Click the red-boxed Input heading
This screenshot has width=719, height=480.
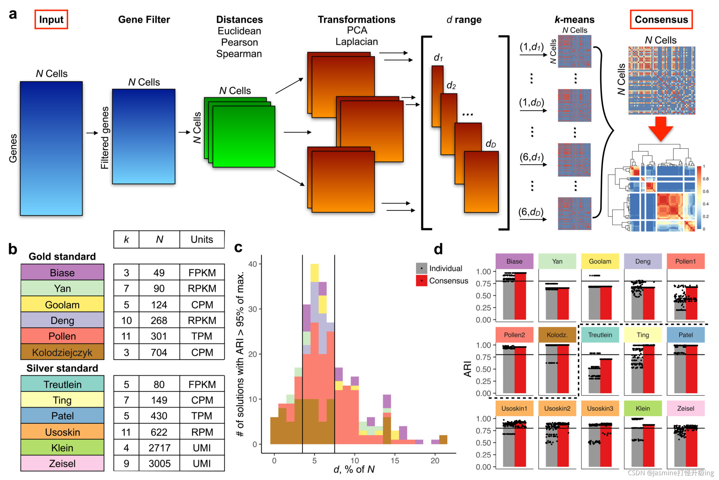(x=51, y=20)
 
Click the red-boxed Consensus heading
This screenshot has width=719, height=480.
(x=661, y=20)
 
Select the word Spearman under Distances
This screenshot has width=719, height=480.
(x=239, y=54)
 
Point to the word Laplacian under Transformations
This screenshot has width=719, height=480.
(x=356, y=42)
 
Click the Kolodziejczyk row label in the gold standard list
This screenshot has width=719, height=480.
(x=62, y=352)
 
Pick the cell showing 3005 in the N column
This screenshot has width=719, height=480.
(x=160, y=464)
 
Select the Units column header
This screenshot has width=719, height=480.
(x=202, y=239)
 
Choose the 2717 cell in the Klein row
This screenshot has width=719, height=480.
(x=160, y=448)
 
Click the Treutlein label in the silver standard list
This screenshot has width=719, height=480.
(x=62, y=384)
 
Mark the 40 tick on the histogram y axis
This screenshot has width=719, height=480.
(x=253, y=264)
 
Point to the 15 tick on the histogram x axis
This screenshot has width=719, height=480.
(x=395, y=460)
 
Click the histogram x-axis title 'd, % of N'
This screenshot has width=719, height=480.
(x=354, y=469)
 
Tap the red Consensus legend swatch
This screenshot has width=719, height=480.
(x=422, y=281)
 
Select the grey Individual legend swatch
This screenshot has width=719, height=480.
(x=422, y=268)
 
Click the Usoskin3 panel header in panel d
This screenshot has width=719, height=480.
(x=600, y=408)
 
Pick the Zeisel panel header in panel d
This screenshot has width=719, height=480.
(x=685, y=408)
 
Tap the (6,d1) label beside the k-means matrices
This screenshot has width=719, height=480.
(x=531, y=157)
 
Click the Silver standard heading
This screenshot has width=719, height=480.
(x=62, y=368)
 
